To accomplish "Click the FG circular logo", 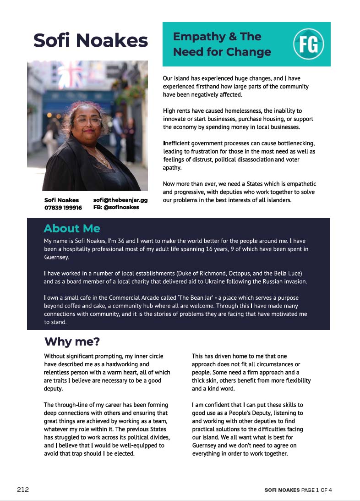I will click(x=308, y=44).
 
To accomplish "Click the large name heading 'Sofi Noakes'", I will click(x=91, y=40).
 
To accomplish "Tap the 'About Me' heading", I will click(x=72, y=228).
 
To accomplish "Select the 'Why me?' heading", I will click(x=72, y=341).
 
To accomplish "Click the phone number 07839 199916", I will click(x=63, y=208).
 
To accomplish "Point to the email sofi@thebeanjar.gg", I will click(x=120, y=200).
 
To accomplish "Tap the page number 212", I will click(x=23, y=490).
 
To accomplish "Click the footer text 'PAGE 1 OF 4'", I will click(x=316, y=490).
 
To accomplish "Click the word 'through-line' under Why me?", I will click(x=73, y=405).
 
